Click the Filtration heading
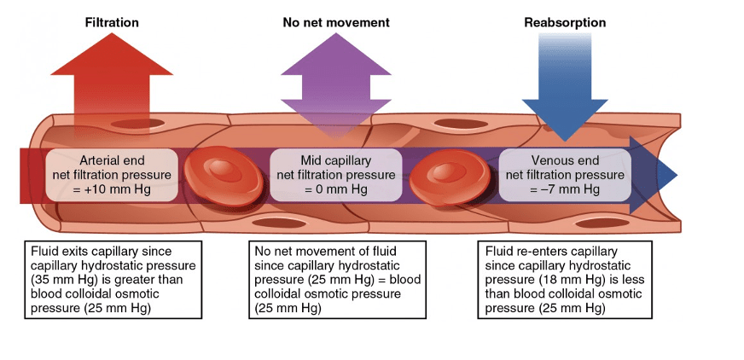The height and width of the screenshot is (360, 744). tap(112, 22)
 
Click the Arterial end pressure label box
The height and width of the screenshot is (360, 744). tap(112, 175)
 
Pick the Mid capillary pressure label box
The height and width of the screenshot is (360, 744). tap(335, 175)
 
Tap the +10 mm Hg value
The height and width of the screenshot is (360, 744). tap(119, 189)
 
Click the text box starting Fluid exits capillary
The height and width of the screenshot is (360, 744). tap(114, 279)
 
